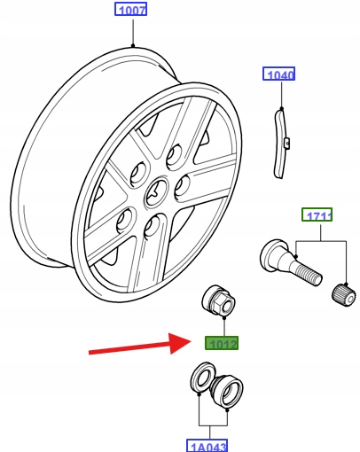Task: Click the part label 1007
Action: [130, 9]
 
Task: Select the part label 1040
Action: [278, 74]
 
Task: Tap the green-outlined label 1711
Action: [317, 214]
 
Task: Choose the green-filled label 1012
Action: [222, 343]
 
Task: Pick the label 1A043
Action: [207, 446]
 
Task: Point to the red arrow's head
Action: [181, 343]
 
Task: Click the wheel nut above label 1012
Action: [219, 301]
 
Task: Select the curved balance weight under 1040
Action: [280, 144]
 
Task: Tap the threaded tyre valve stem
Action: [291, 262]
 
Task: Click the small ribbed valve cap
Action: [343, 295]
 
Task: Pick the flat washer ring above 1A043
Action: [203, 378]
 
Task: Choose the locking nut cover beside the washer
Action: [228, 391]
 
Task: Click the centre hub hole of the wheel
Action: [157, 193]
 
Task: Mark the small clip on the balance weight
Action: [287, 143]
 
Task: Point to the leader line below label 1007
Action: [133, 32]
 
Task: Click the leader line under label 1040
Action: [281, 95]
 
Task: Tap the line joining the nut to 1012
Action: [224, 327]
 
